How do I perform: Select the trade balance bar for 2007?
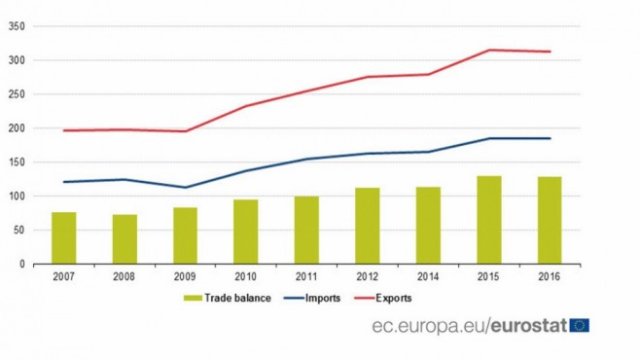tap(64, 238)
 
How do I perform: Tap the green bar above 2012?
tap(367, 226)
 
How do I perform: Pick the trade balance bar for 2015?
tap(489, 220)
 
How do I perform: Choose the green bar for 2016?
tap(550, 220)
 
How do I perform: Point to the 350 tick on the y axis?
tap(16, 26)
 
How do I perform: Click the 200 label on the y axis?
tap(16, 128)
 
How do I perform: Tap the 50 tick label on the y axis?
tap(18, 230)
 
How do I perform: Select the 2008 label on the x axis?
tap(125, 275)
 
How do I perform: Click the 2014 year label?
tap(429, 275)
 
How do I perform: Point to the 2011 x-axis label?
tap(307, 275)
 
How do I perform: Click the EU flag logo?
tap(579, 324)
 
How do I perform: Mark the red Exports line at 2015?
tap(489, 50)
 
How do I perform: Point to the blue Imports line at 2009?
tap(185, 187)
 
